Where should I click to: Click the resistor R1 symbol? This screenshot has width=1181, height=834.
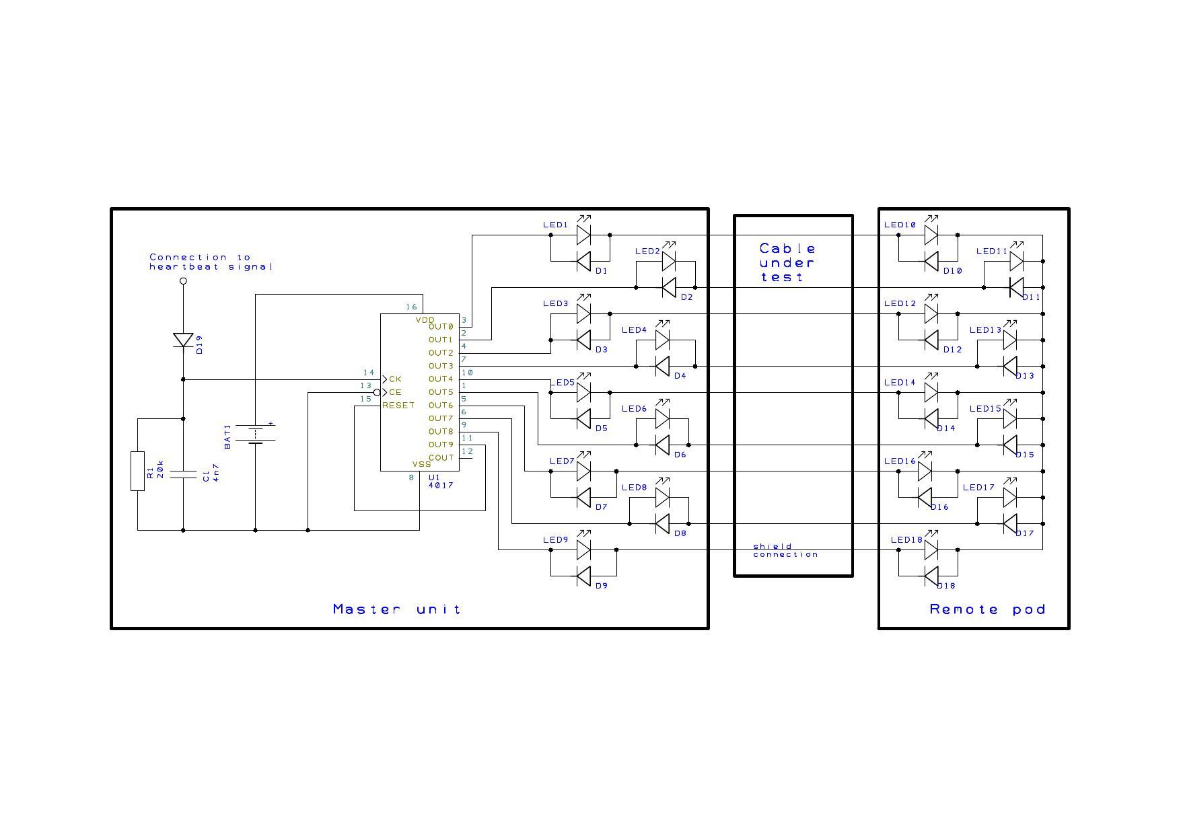[x=137, y=471]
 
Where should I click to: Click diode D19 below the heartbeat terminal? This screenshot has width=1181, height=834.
[x=183, y=340]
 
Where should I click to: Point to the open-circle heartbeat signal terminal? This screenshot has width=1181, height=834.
[x=183, y=281]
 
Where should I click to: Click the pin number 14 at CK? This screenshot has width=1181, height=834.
[x=369, y=372]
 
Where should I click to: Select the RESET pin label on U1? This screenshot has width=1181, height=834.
[x=398, y=405]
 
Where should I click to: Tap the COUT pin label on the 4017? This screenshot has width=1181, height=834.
[x=441, y=457]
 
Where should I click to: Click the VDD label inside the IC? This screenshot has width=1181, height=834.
[x=425, y=320]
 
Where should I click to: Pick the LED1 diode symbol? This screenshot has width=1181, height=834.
[x=583, y=235]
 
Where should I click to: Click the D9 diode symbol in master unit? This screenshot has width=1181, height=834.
[x=583, y=576]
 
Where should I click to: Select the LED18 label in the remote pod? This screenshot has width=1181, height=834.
[x=906, y=539]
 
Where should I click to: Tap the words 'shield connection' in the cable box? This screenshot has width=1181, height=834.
[x=785, y=550]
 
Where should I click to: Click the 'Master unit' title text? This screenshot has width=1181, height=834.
[x=397, y=609]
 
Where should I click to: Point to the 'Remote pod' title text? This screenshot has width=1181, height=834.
[x=987, y=609]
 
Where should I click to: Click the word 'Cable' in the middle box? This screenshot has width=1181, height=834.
[x=787, y=249]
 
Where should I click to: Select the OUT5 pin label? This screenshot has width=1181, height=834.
[x=441, y=392]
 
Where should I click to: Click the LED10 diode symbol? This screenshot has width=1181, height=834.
[x=931, y=235]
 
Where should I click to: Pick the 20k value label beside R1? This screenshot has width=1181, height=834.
[x=160, y=469]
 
